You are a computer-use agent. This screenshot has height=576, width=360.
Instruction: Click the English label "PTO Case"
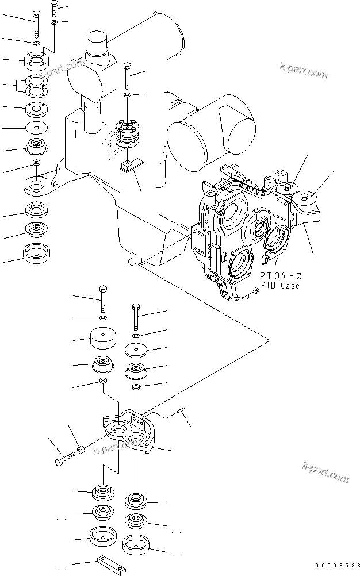[x=280, y=286]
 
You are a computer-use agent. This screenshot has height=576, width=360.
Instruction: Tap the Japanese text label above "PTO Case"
[x=281, y=276]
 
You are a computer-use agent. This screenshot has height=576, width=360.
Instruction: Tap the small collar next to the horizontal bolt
[x=81, y=450]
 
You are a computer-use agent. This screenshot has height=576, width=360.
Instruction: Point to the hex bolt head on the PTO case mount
[x=305, y=197]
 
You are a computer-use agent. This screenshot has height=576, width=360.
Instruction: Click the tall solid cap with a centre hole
[x=103, y=338]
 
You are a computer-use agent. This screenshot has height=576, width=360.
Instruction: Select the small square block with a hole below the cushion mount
[x=127, y=166]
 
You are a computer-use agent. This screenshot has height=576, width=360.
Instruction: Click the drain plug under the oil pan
[x=131, y=261]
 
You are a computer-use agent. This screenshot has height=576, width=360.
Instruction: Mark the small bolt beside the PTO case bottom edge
[x=256, y=291]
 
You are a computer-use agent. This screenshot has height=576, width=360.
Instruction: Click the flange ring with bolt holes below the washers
[x=36, y=60]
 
